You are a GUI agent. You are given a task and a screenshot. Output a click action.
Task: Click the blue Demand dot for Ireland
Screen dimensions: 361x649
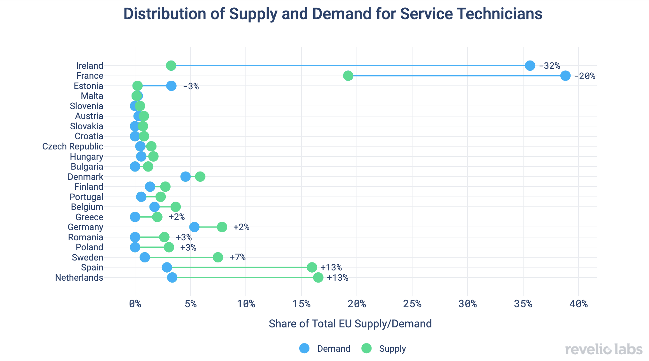coord(530,66)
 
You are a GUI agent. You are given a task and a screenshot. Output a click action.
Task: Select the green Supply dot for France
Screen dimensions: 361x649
coord(348,76)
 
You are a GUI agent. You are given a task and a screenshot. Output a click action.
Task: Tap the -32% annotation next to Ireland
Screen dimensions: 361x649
coord(549,66)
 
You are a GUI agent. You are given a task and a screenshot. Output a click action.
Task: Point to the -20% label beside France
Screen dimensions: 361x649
coord(585,76)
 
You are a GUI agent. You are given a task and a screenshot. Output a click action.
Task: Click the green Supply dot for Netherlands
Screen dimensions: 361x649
coord(318,277)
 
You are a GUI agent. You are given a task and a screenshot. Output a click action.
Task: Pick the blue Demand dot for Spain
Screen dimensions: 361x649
coord(167,267)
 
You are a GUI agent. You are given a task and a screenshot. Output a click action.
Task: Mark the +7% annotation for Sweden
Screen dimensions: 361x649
coord(237,257)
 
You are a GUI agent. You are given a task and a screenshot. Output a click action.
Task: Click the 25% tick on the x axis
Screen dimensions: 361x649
coord(412,304)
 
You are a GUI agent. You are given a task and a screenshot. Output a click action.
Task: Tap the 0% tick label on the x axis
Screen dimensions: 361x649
coord(135,304)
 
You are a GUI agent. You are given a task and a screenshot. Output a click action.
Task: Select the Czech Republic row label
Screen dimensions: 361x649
coord(73,147)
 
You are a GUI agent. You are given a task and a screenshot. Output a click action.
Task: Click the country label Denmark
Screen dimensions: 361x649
coord(85,177)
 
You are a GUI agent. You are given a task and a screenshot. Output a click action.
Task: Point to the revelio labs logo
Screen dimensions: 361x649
coord(604,349)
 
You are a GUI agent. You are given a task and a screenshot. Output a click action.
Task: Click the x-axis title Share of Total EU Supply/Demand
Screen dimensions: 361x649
coord(350,324)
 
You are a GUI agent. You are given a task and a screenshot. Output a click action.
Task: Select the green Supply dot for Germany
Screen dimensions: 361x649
coord(222,227)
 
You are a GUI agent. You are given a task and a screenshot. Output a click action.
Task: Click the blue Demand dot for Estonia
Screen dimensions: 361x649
coord(171,86)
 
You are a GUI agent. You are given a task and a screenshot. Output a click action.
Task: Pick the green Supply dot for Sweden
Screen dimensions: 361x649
coord(218,257)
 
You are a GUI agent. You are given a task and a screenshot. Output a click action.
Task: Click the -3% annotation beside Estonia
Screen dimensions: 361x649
coord(191,86)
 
